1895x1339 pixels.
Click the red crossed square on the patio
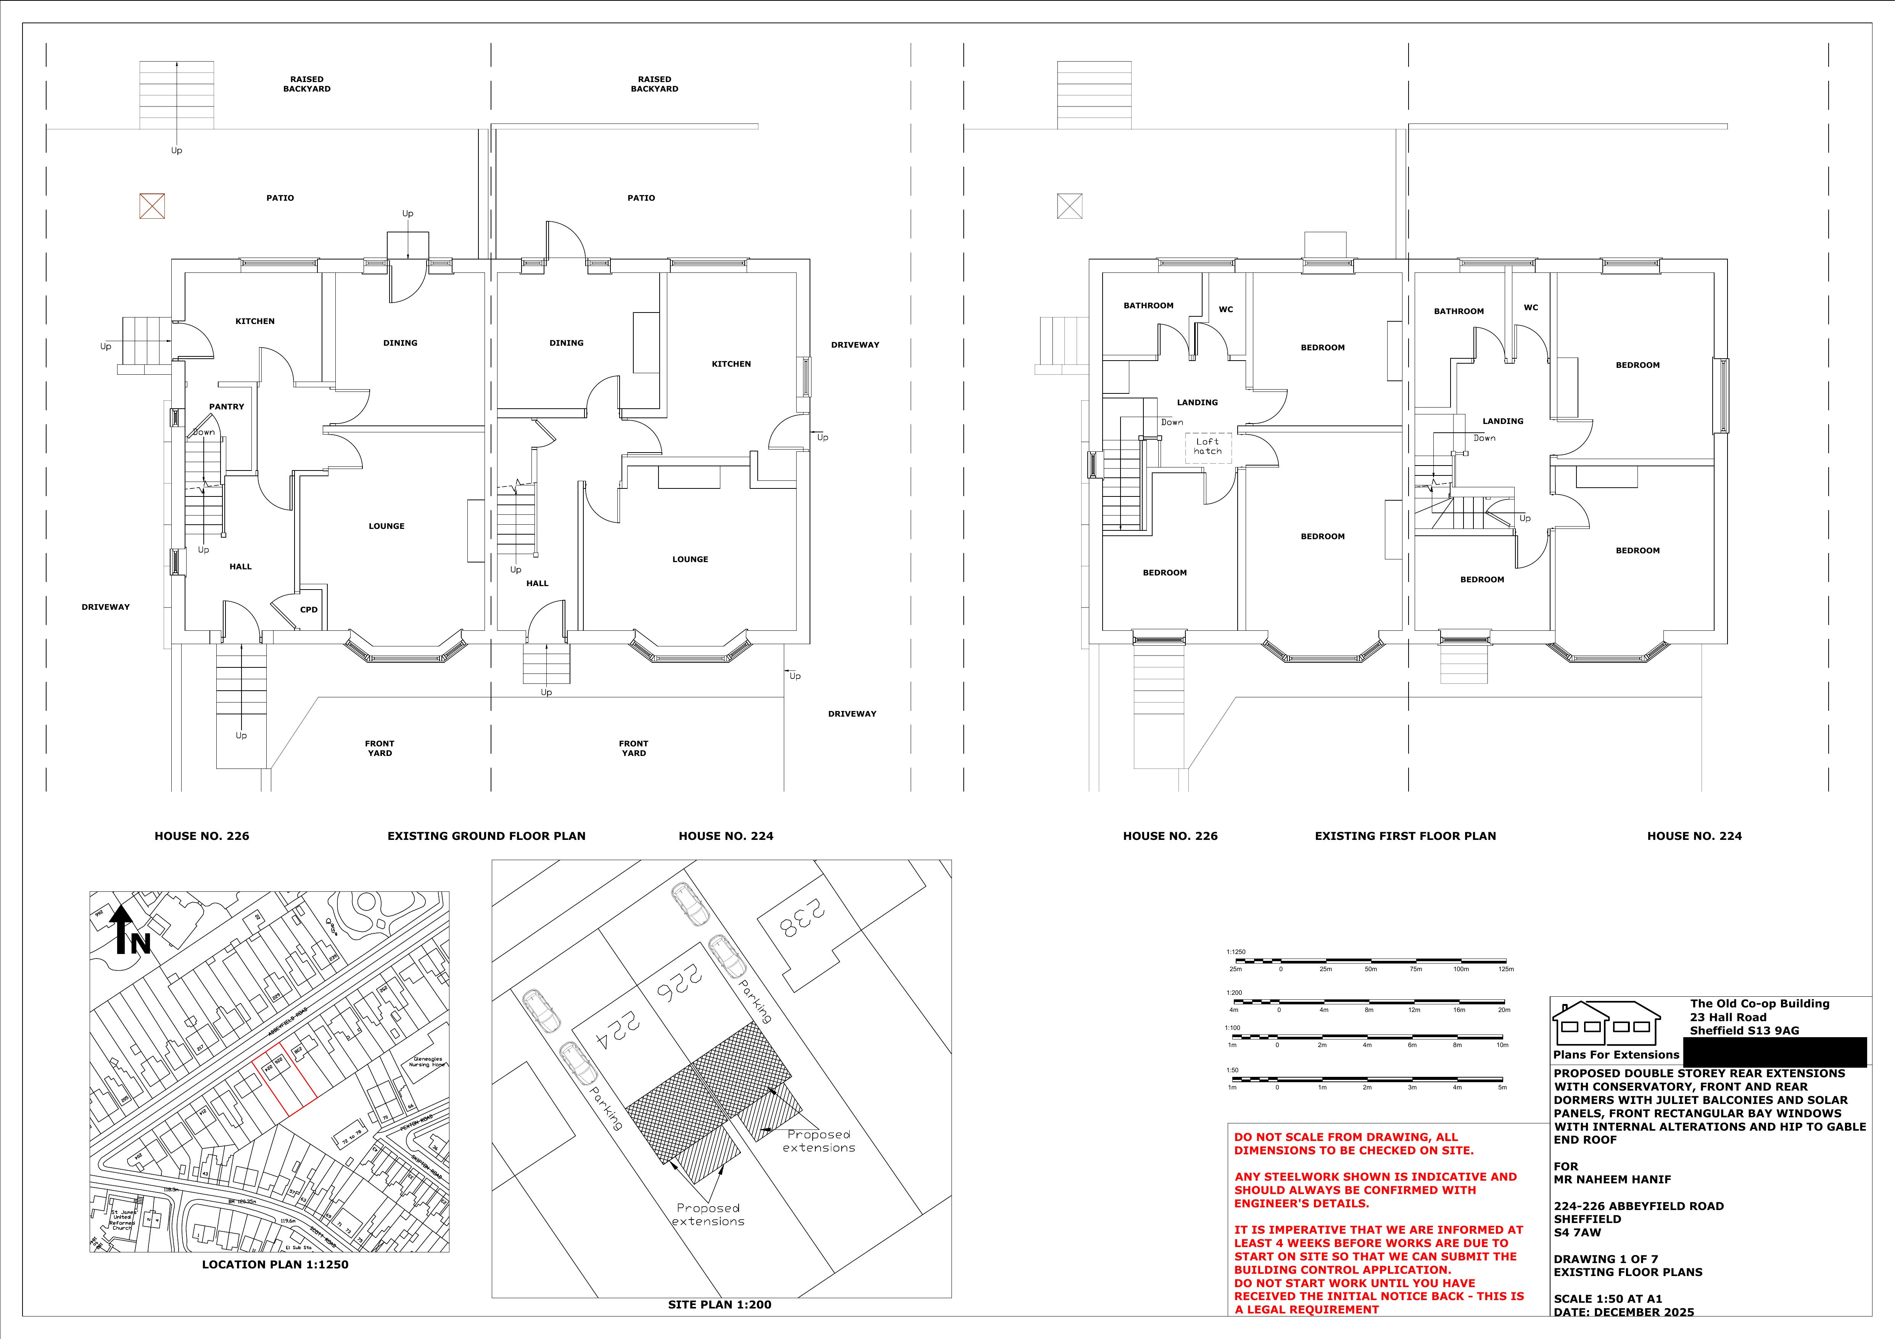pyautogui.click(x=152, y=206)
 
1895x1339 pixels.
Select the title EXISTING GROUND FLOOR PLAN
pyautogui.click(x=486, y=835)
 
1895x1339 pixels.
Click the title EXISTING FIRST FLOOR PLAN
pyautogui.click(x=1405, y=835)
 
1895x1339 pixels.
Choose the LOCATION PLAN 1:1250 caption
pyautogui.click(x=275, y=1264)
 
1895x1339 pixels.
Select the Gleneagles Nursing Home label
pyautogui.click(x=427, y=1062)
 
